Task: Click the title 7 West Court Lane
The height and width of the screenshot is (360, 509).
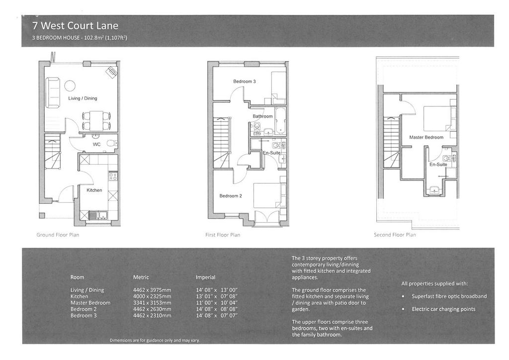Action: (x=76, y=26)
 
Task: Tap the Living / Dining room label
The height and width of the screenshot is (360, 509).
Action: (x=83, y=98)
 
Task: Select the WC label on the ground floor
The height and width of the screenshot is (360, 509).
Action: (x=96, y=145)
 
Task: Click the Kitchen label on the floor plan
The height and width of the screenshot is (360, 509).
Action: (x=94, y=190)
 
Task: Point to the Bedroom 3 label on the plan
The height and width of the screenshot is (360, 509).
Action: (x=245, y=82)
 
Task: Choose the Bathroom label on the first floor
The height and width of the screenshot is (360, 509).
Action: (x=262, y=116)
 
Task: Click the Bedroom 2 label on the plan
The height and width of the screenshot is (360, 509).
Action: (x=231, y=196)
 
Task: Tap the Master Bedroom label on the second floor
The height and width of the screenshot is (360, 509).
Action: (x=426, y=137)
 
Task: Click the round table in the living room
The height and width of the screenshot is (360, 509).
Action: (x=70, y=86)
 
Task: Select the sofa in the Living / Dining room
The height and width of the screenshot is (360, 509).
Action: (x=53, y=92)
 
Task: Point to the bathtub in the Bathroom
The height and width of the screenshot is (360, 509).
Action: (x=280, y=121)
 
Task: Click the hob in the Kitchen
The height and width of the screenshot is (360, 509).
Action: (x=113, y=176)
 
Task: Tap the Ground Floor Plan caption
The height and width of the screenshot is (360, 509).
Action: (x=58, y=235)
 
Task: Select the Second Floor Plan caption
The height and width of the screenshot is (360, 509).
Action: (x=395, y=235)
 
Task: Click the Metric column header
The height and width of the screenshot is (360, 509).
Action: (x=141, y=277)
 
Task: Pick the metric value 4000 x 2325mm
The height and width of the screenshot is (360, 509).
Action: (x=152, y=296)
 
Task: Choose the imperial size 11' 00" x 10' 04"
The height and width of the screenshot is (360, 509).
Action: (x=217, y=303)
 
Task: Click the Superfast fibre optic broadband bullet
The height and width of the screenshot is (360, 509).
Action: (x=449, y=296)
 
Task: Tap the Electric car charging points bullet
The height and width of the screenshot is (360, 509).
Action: (x=443, y=309)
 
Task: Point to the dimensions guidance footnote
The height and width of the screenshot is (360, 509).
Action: (x=155, y=341)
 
